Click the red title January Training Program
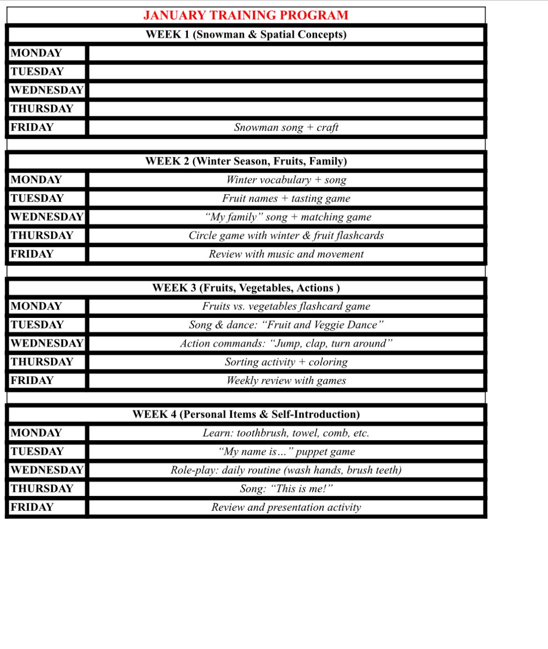click(x=246, y=15)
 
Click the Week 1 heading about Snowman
click(x=246, y=35)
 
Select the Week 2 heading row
click(x=246, y=161)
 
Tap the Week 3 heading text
click(x=246, y=288)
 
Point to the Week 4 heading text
click(x=246, y=414)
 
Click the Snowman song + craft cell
click(x=286, y=127)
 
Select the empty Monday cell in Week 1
click(x=286, y=53)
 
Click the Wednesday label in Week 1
click(x=47, y=90)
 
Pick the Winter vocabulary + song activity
click(x=286, y=180)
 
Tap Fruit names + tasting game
click(x=286, y=199)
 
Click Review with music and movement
click(x=286, y=254)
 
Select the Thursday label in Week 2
click(x=42, y=235)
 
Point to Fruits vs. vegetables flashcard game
click(x=286, y=306)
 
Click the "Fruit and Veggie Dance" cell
click(x=286, y=325)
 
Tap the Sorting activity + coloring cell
click(x=286, y=362)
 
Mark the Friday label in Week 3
click(x=32, y=380)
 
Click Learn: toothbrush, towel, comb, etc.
click(x=286, y=433)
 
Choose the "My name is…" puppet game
click(x=286, y=451)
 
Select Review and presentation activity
click(x=286, y=507)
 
